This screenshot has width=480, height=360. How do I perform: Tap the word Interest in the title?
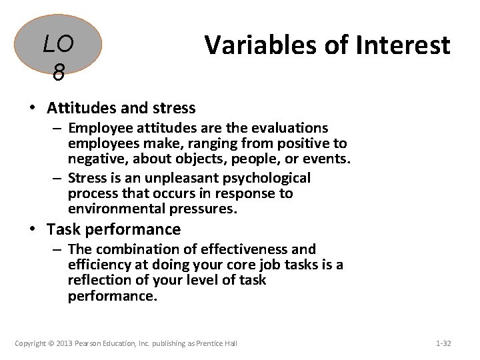point(405,45)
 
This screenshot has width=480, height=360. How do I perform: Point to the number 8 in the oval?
point(58,73)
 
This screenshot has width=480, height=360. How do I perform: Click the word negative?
point(94,159)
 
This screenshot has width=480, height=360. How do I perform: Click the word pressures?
point(202,209)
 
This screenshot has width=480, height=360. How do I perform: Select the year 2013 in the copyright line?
point(63,343)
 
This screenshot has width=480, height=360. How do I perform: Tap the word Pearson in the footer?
point(88,343)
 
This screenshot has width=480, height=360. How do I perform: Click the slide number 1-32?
point(443,343)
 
